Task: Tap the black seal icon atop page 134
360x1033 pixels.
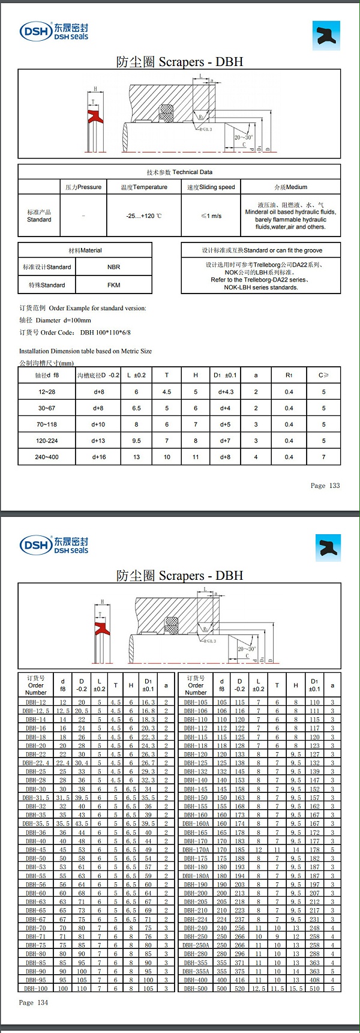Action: click(x=328, y=548)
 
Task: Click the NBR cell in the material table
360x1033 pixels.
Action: click(x=113, y=267)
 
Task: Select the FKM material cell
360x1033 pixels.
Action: click(x=113, y=285)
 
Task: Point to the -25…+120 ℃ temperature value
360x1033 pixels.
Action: click(x=144, y=215)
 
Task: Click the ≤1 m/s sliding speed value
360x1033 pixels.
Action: click(x=211, y=215)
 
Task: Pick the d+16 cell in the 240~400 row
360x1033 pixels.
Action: click(x=99, y=457)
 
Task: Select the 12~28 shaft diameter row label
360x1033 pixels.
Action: click(x=47, y=392)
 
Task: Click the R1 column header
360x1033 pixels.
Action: click(x=289, y=375)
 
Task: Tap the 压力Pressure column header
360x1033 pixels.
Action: click(x=84, y=187)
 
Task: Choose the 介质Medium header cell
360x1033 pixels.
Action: click(x=290, y=187)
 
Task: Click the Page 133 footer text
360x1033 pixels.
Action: click(x=325, y=486)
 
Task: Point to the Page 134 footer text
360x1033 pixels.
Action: click(x=34, y=1002)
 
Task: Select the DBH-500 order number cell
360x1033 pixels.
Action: click(x=196, y=989)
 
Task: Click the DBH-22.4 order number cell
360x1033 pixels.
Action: click(x=36, y=763)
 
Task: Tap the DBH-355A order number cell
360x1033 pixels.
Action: click(x=196, y=971)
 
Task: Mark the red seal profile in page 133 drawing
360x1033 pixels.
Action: click(x=95, y=116)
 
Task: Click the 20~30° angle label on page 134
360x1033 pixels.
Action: click(x=247, y=649)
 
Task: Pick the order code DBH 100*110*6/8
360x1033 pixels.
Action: click(x=105, y=333)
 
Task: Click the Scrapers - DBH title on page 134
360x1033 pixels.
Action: click(x=179, y=576)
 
